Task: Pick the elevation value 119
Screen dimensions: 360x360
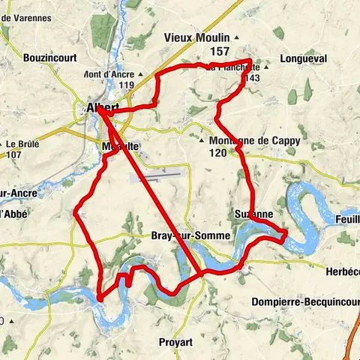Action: click(x=125, y=85)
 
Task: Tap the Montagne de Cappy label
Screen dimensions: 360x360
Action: click(x=244, y=140)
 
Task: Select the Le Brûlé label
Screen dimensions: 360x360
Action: click(x=25, y=144)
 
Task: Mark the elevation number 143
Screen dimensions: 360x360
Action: click(x=252, y=78)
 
